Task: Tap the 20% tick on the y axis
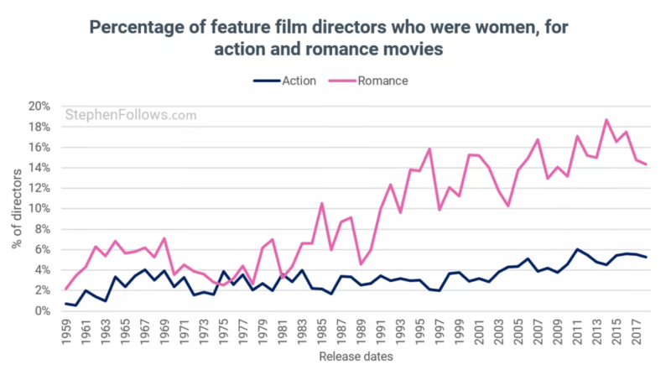click(x=39, y=107)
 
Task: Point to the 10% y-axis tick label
click(x=39, y=209)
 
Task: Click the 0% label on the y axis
click(x=43, y=311)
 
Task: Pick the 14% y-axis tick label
click(x=39, y=168)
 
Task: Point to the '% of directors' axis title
click(x=16, y=209)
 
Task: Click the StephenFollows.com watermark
click(x=130, y=115)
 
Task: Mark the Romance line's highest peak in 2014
click(x=606, y=119)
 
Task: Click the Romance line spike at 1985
click(x=322, y=203)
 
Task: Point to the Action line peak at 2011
click(x=577, y=249)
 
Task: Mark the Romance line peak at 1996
click(x=429, y=149)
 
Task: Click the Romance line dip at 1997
click(x=440, y=210)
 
